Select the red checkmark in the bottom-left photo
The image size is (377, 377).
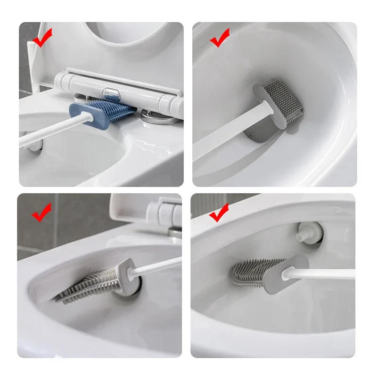(x=41, y=213)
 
